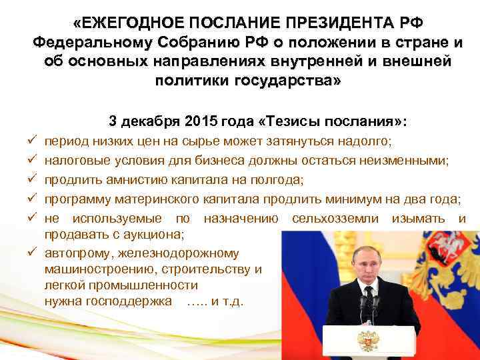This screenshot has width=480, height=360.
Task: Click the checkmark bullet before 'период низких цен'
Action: click(31, 142)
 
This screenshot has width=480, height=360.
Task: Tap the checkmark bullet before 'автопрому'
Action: click(31, 253)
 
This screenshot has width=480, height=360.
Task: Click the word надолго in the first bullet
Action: click(367, 142)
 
